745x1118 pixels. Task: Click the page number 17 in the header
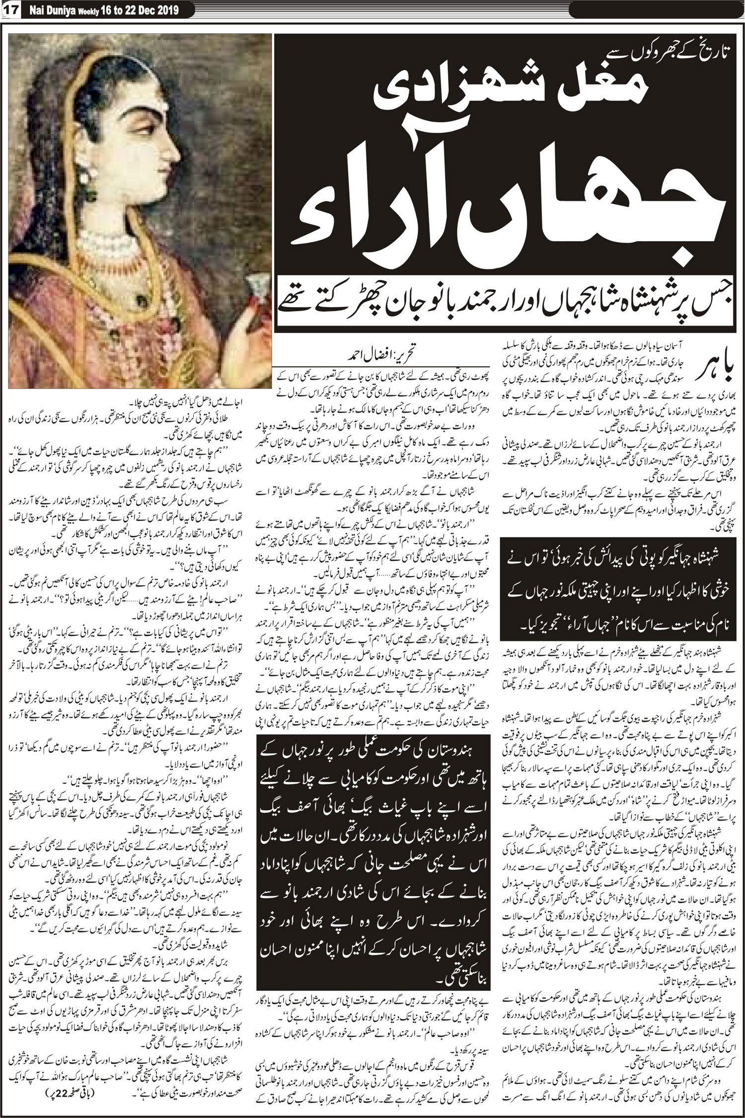(10, 11)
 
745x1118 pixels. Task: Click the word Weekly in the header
(89, 11)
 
